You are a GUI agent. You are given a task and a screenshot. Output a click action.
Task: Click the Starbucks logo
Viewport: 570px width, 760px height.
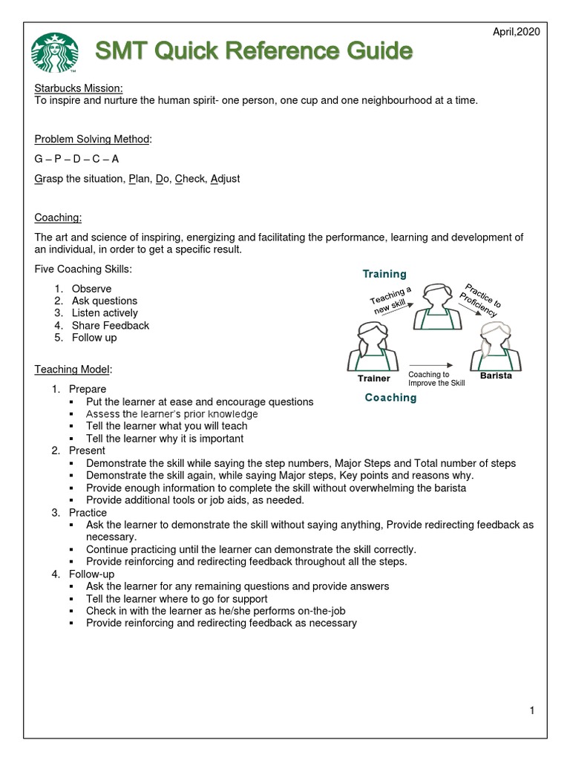click(x=54, y=53)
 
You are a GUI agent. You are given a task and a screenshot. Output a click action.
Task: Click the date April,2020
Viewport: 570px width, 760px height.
click(x=517, y=31)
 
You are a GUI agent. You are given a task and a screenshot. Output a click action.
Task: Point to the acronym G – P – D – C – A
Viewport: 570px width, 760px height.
click(x=76, y=159)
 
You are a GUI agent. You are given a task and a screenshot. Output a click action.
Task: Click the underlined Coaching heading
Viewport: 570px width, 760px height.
click(x=58, y=217)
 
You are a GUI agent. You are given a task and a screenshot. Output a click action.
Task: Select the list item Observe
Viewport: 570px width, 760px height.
click(x=91, y=289)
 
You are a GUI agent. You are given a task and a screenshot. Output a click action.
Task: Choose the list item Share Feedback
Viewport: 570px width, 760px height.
click(x=110, y=325)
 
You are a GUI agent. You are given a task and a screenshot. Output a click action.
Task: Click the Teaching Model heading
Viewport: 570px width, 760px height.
click(x=73, y=369)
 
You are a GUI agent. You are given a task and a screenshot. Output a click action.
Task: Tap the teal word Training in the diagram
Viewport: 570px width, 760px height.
click(x=384, y=274)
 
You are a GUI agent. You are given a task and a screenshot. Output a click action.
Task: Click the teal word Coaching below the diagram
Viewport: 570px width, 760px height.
click(x=390, y=398)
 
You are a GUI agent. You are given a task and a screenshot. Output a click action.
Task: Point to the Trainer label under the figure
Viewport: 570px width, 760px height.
click(x=374, y=379)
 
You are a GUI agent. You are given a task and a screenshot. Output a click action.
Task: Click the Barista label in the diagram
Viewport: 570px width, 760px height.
click(x=495, y=376)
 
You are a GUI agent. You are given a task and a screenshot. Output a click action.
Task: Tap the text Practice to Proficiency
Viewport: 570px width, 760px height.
click(x=480, y=301)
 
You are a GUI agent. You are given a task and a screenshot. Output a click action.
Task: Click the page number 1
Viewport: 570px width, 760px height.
click(x=532, y=711)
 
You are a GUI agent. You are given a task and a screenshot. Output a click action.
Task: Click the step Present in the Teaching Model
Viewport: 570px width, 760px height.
click(x=87, y=451)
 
